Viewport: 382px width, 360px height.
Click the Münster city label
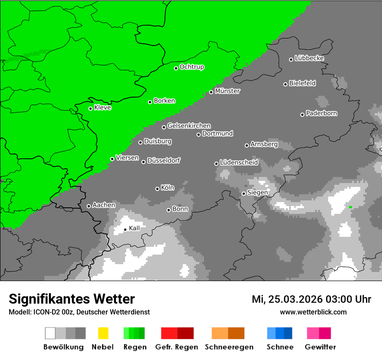coord(227,91)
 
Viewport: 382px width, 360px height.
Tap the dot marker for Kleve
coord(90,108)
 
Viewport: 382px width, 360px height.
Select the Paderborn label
coord(322,113)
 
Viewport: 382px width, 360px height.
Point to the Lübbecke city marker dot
coord(291,59)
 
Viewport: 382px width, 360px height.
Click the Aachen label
coord(104,205)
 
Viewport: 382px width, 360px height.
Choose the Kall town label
coord(135,228)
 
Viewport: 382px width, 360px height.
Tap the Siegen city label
coord(257,193)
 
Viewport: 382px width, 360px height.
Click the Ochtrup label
coord(192,67)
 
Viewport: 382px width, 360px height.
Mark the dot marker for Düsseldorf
coord(143,162)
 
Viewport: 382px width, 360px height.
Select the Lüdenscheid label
coord(239,163)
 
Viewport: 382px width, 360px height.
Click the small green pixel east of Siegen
coord(350,207)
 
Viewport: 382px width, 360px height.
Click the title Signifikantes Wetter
coord(72,299)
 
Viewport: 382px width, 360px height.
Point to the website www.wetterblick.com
coord(313,312)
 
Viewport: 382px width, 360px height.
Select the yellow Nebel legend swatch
coord(103,333)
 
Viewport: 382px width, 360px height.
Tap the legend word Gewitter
coord(320,347)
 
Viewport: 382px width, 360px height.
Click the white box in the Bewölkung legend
coord(50,333)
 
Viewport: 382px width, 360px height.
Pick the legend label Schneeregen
coord(229,347)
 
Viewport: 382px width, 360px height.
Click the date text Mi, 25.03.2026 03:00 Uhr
coord(311,299)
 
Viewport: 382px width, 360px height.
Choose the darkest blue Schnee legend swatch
coord(288,333)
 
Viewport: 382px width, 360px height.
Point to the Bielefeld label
coord(303,83)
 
